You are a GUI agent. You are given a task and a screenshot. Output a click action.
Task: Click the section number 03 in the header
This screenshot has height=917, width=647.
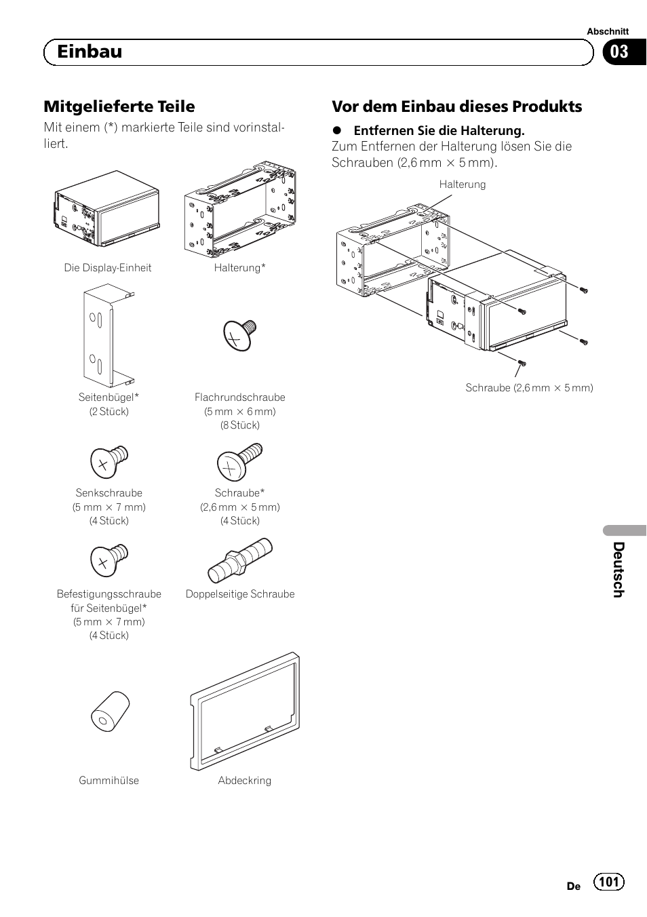(x=619, y=52)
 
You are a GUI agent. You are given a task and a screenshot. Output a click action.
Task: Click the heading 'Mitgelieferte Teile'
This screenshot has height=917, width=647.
(x=119, y=106)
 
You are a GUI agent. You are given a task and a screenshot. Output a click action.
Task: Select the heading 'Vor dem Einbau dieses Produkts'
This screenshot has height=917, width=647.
(x=456, y=106)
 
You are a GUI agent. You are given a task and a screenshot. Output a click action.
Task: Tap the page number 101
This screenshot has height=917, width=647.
(x=609, y=881)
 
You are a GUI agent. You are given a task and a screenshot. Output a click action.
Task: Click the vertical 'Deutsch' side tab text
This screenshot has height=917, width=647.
(x=619, y=570)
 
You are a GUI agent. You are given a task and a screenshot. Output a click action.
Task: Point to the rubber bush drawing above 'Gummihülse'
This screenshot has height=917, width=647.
(x=110, y=711)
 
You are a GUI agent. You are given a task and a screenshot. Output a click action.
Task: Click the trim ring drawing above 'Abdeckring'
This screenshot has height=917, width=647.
(x=245, y=711)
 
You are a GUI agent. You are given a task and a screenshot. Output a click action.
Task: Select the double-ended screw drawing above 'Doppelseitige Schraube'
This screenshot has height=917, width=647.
(x=240, y=560)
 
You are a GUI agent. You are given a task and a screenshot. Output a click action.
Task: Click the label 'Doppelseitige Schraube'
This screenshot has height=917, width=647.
(x=240, y=594)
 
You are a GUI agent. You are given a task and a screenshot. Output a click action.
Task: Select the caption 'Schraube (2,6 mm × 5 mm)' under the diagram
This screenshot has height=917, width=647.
(x=529, y=388)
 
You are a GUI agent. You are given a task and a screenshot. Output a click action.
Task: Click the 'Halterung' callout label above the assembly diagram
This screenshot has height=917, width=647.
(x=462, y=184)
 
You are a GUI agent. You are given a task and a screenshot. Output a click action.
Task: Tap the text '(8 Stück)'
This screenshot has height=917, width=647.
(x=239, y=425)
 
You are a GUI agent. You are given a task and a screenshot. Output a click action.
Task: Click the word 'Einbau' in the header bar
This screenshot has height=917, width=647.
(x=90, y=52)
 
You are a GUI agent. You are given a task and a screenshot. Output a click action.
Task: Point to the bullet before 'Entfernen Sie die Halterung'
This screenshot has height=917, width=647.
(x=336, y=131)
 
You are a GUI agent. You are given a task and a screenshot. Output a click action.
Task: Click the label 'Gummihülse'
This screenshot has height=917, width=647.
(x=109, y=781)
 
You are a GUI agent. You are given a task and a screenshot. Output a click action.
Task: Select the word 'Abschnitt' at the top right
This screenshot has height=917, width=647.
(x=608, y=31)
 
